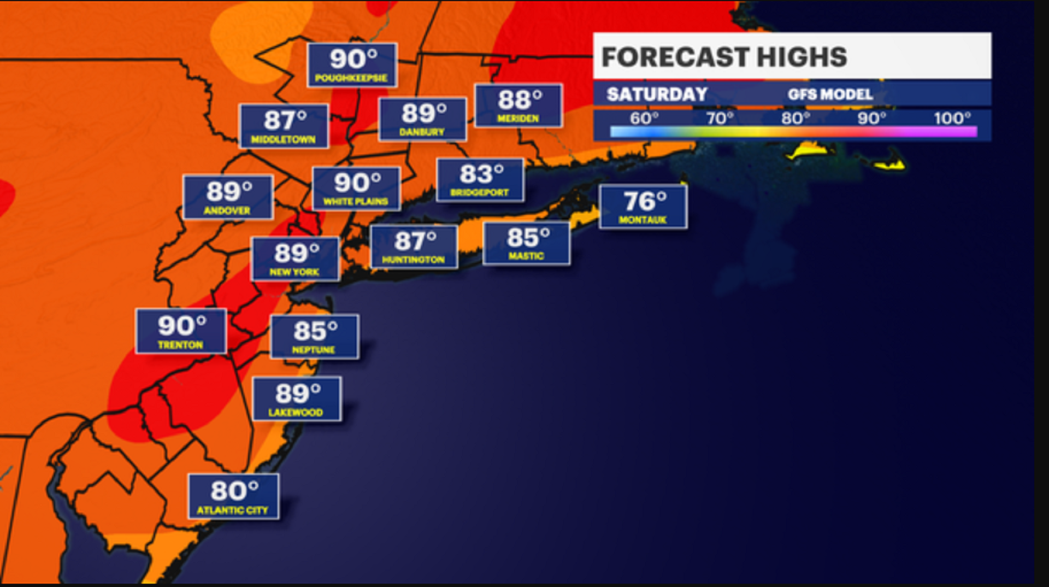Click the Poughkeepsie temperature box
click(352, 65)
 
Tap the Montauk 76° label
click(643, 207)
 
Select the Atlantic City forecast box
click(233, 496)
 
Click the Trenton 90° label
click(181, 331)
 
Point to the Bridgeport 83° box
click(480, 180)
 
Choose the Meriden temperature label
click(518, 105)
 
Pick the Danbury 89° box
click(422, 119)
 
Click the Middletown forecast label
click(284, 126)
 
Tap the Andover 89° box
click(228, 197)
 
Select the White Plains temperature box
click(356, 189)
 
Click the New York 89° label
click(296, 259)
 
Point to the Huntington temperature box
click(414, 247)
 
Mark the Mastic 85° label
click(526, 244)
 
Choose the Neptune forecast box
click(315, 337)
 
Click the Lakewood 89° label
click(297, 399)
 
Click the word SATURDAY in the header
click(657, 95)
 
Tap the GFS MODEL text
click(830, 95)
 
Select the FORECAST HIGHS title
click(724, 57)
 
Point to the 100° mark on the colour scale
click(952, 118)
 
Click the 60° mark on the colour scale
click(644, 118)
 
